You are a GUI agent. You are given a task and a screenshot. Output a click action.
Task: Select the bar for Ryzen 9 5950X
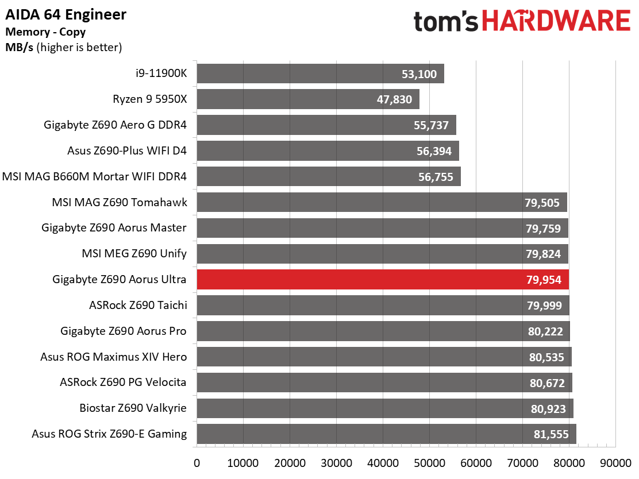307,99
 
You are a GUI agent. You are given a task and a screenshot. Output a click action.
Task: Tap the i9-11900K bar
320,74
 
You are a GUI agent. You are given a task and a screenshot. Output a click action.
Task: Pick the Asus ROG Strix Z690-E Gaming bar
386,434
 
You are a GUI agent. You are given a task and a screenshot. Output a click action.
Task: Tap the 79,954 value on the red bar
544,280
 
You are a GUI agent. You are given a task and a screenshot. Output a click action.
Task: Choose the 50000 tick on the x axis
429,463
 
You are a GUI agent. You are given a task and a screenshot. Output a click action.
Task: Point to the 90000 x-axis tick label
615,463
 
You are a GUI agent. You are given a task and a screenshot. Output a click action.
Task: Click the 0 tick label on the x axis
197,463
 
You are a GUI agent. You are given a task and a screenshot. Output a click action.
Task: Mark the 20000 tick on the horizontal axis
290,463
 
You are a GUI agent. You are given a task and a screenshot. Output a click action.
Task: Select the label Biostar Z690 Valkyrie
133,408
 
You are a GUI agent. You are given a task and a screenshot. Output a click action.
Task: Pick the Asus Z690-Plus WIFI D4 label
127,150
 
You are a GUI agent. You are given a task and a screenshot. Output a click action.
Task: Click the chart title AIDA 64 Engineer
66,14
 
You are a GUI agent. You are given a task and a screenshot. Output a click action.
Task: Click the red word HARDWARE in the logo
556,22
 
